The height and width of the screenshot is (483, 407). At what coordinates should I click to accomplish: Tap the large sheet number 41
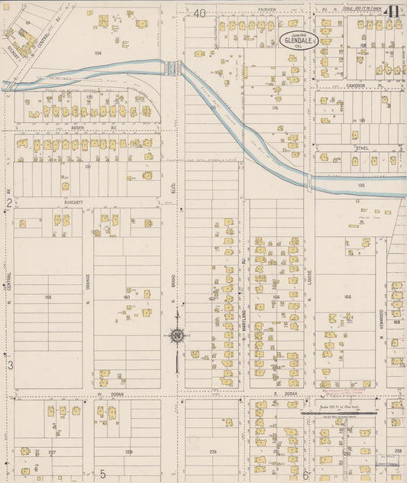(x=392, y=12)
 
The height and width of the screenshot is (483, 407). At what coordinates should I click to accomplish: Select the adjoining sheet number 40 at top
(x=200, y=13)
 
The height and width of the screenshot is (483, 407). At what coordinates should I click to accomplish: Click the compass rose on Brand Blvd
(x=176, y=336)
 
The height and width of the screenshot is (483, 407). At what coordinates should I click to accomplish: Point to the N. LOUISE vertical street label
(x=311, y=287)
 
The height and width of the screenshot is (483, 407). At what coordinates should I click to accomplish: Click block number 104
(x=98, y=53)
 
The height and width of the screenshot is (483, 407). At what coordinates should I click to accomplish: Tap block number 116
(x=274, y=109)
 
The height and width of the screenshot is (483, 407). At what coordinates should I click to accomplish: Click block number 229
(x=213, y=452)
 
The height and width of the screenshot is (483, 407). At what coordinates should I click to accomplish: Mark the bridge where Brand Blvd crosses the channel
(x=173, y=67)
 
